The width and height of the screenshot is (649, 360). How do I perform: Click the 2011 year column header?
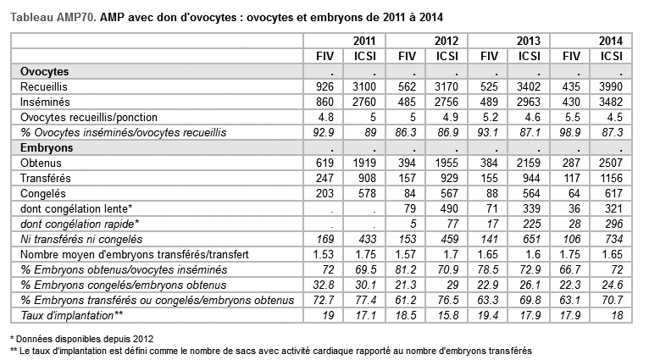coord(364,40)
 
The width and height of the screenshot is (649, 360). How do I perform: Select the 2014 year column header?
coord(611,40)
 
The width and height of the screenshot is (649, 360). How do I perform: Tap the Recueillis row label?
coord(45,86)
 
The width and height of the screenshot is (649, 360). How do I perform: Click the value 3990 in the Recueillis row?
coord(610,86)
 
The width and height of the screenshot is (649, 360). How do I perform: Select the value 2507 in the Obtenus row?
coord(610,163)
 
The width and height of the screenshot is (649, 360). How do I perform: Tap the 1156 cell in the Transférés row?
coord(610,178)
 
